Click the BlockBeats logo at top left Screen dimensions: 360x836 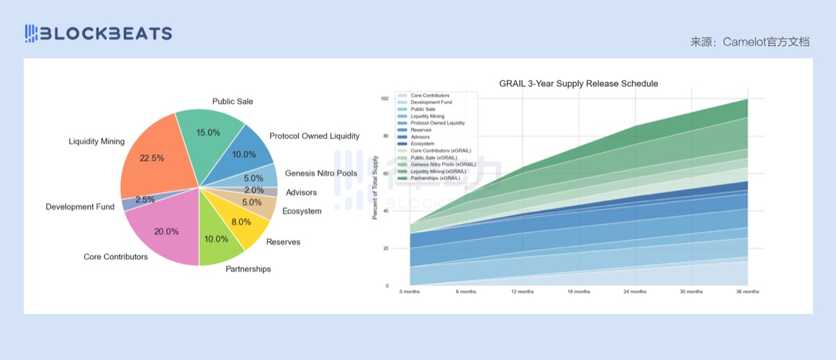99,33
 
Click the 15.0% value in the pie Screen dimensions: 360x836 208,132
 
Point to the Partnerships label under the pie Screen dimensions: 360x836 248,269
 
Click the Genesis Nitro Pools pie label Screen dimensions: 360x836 320,174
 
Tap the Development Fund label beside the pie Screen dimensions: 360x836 80,207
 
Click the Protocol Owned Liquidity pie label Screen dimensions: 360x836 314,136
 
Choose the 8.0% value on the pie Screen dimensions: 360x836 241,222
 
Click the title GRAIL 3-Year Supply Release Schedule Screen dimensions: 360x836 578,84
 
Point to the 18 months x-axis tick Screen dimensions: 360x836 579,292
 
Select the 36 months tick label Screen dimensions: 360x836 747,292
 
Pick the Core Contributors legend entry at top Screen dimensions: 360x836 430,96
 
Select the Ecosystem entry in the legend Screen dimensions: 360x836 423,144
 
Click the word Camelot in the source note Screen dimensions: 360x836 742,42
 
